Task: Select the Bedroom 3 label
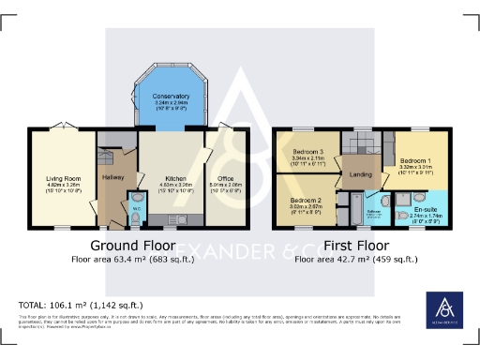[307, 152]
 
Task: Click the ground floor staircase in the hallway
[109, 150]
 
